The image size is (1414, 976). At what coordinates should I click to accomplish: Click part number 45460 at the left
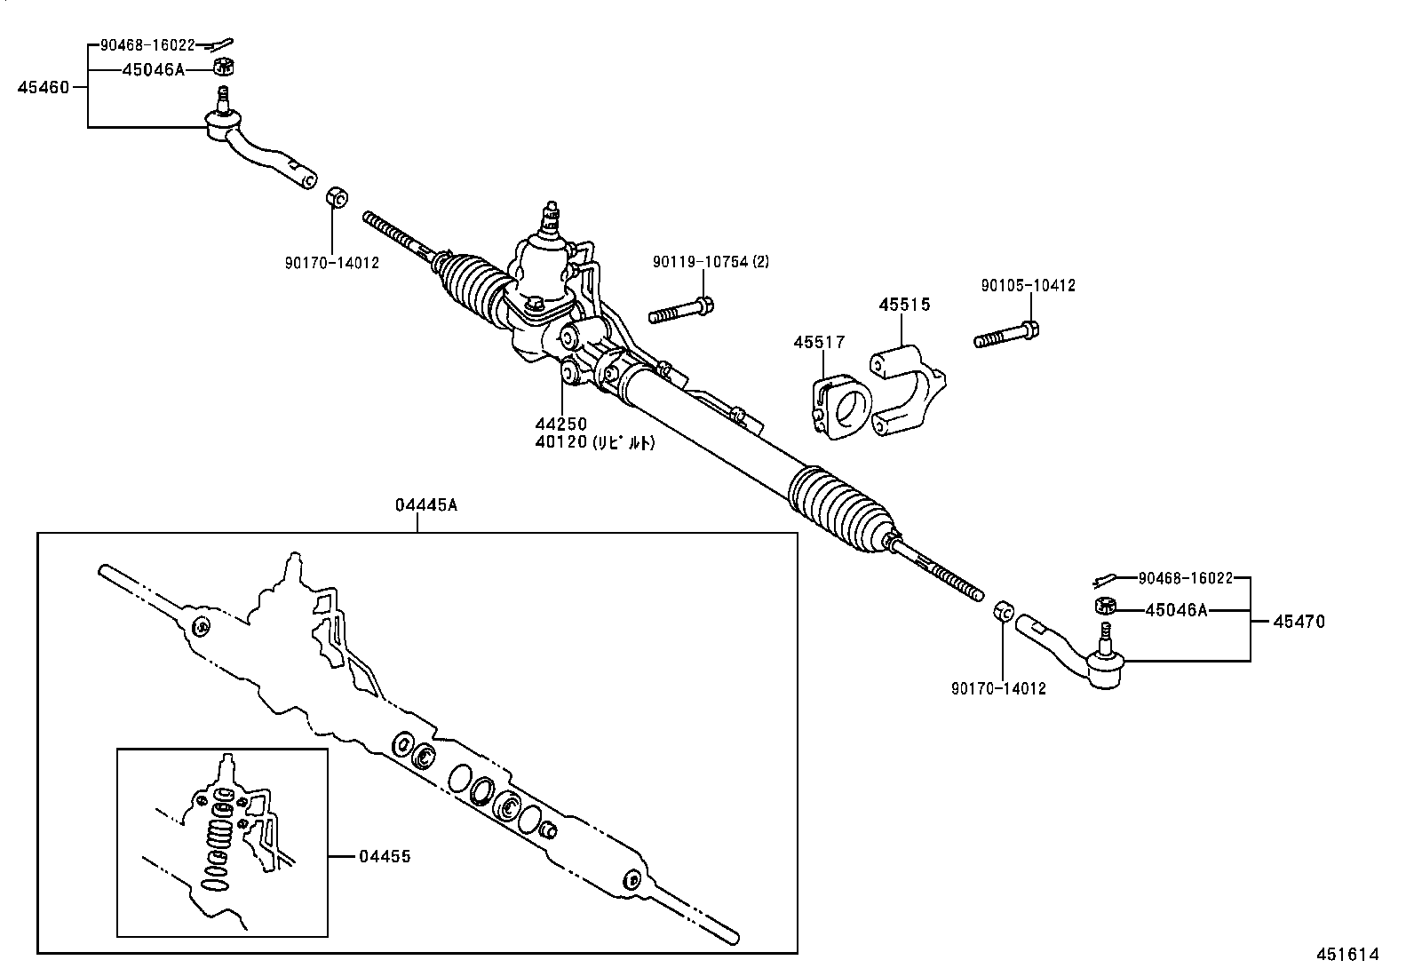tap(42, 87)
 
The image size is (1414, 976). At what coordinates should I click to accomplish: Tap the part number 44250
tap(560, 425)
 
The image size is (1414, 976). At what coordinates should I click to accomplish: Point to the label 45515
tap(904, 305)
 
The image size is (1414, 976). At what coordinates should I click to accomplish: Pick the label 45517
tap(819, 343)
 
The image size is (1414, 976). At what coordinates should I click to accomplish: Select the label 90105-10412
tap(1028, 286)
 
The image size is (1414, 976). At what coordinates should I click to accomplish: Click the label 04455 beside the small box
tap(385, 857)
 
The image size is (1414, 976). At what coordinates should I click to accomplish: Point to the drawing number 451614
tap(1346, 955)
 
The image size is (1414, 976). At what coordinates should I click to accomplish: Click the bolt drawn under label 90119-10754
tap(681, 312)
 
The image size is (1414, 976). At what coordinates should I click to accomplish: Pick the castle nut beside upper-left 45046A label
tap(225, 67)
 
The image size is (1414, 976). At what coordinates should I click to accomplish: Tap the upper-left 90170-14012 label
tap(331, 263)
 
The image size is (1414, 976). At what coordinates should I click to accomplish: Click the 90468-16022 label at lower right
tap(1185, 578)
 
